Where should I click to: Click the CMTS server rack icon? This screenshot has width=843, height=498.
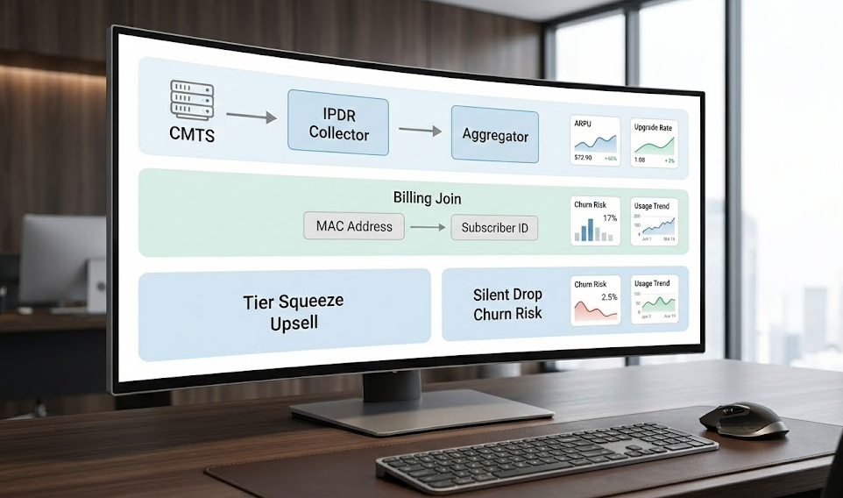pos(192,99)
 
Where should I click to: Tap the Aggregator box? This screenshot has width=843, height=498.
pos(494,135)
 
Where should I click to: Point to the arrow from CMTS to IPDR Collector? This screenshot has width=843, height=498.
pos(251,115)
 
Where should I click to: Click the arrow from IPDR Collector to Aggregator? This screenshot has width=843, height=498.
pos(420,131)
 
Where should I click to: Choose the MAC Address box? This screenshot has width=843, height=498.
pos(354,226)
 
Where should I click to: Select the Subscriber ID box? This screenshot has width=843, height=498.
pos(494,228)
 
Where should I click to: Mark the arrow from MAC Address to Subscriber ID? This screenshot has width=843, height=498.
pos(428,227)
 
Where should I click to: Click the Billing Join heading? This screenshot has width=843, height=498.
pos(427,197)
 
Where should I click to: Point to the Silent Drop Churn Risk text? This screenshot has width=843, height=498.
pos(507,303)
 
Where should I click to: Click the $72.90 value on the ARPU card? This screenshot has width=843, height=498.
pos(583,158)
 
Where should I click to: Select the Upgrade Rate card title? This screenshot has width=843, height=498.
pos(653,128)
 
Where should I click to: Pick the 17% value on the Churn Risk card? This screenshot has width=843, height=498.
pos(611,217)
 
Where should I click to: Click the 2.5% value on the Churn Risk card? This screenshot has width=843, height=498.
pos(609,297)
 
